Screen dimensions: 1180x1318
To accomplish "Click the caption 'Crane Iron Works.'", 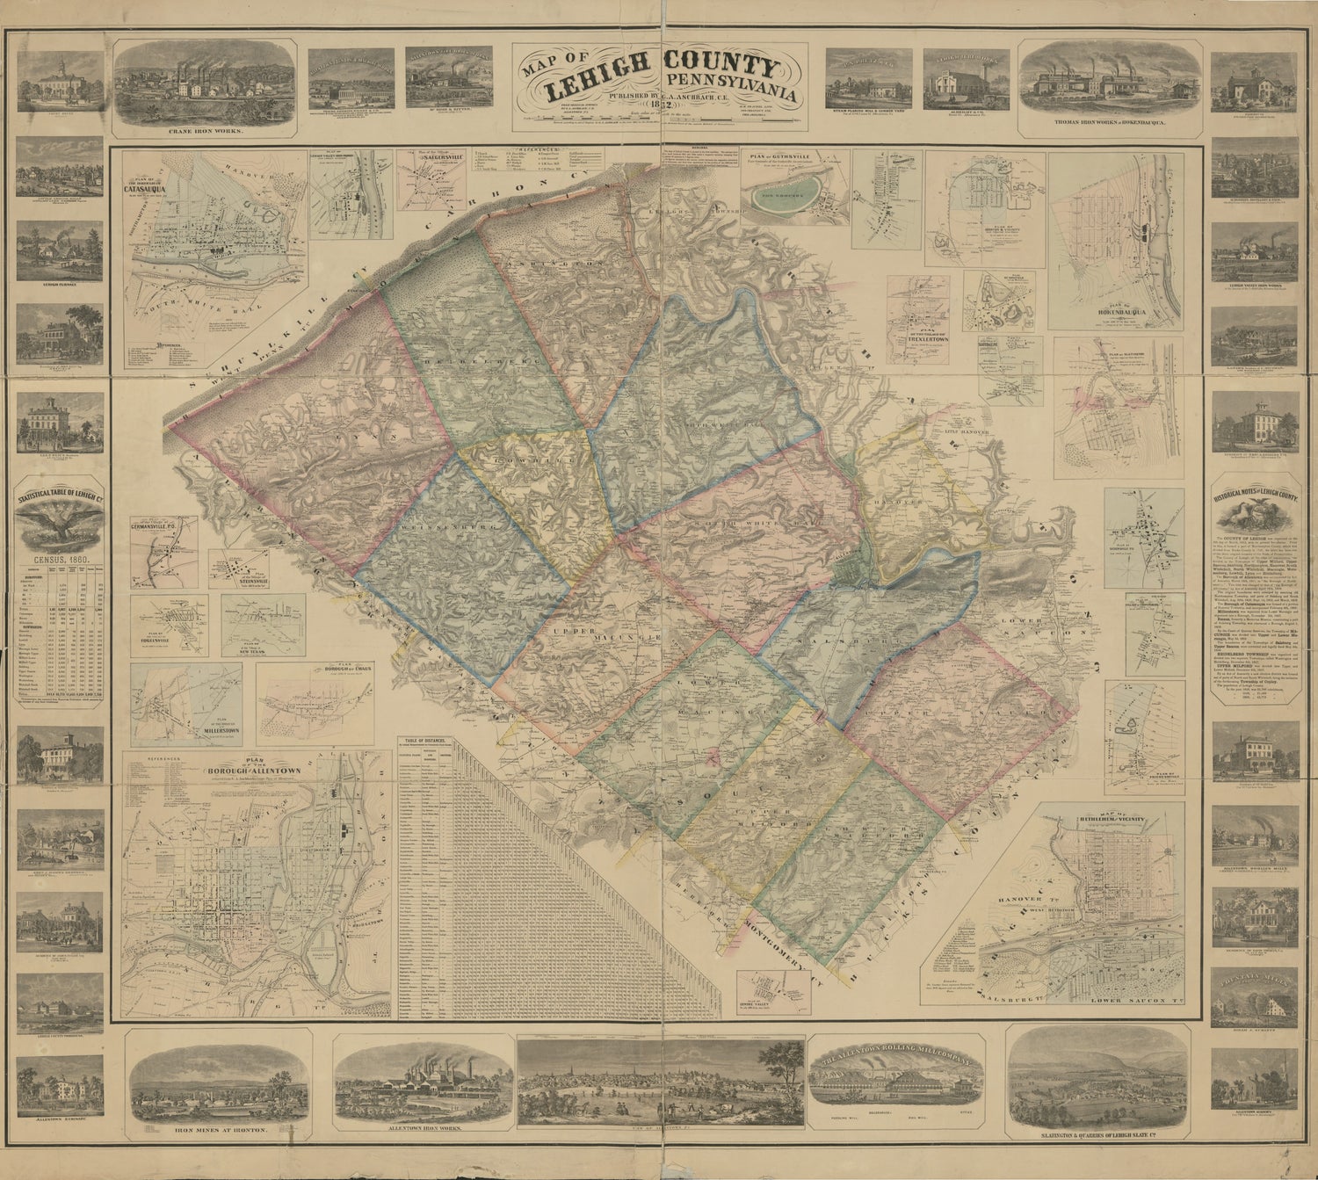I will [206, 133].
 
